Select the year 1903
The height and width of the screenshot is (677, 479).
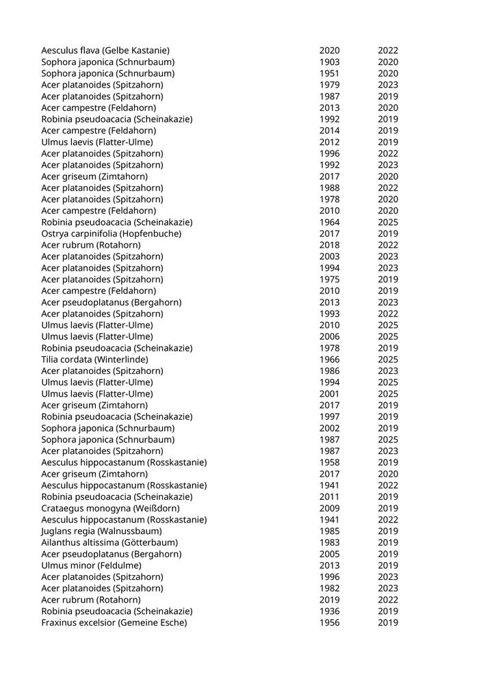(x=329, y=62)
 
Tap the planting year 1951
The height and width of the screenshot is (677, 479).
(x=329, y=73)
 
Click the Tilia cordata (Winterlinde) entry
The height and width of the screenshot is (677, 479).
(x=94, y=360)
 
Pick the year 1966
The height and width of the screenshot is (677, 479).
(x=329, y=360)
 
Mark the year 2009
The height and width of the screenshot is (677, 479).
(x=329, y=508)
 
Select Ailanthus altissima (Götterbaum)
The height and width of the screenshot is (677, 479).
(x=109, y=543)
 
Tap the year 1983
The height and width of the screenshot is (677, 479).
(x=329, y=543)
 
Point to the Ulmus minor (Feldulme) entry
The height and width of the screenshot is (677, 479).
(x=91, y=566)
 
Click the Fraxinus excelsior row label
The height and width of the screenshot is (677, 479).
(x=114, y=623)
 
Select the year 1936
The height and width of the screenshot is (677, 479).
(x=329, y=611)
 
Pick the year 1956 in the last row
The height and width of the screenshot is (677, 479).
(x=329, y=623)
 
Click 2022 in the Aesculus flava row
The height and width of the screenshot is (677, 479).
(x=388, y=51)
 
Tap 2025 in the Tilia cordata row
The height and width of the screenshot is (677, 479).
(x=388, y=360)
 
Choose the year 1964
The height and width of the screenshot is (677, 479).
(x=329, y=222)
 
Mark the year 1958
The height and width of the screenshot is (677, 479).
(x=329, y=462)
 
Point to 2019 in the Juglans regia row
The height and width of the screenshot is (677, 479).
(x=388, y=531)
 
